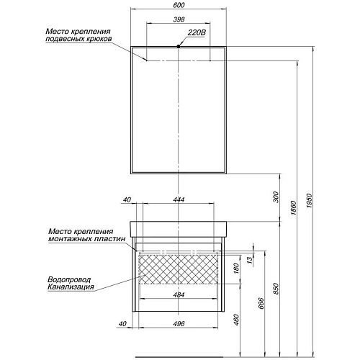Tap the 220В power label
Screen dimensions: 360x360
pos(196,32)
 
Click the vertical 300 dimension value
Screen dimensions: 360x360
pos(276,197)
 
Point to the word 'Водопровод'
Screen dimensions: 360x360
pos(68,280)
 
